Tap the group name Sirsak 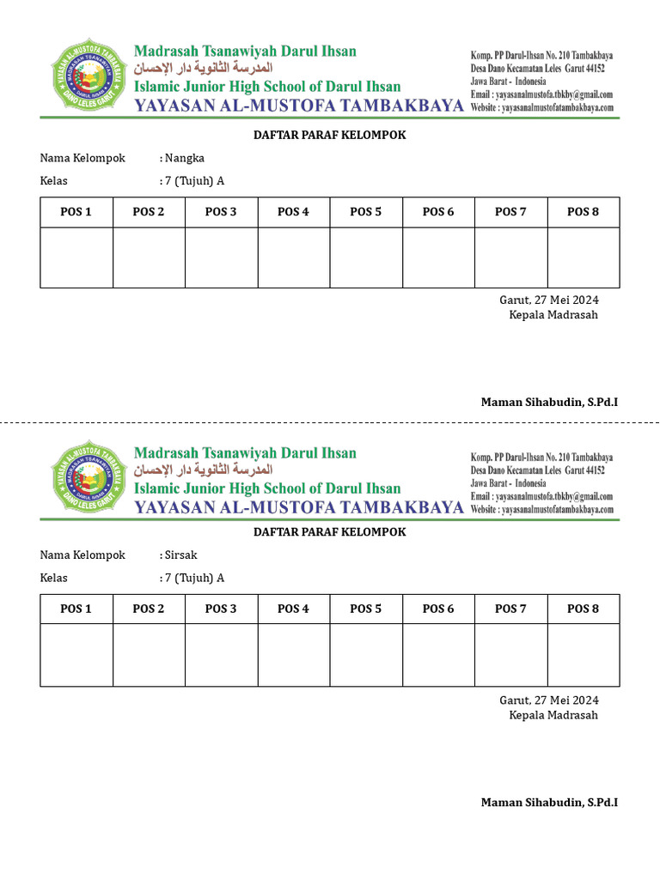point(182,555)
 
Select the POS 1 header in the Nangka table point(76,212)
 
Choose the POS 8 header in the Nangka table point(583,212)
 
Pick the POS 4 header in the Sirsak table point(293,609)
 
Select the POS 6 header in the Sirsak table point(438,609)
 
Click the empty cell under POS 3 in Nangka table point(221,257)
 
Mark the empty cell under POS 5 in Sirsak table point(365,654)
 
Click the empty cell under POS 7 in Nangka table point(510,257)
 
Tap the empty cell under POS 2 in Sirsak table point(149,654)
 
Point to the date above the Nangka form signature point(549,300)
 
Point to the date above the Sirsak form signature point(549,700)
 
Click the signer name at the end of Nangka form point(549,402)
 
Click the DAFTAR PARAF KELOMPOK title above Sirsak point(329,532)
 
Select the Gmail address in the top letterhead point(541,94)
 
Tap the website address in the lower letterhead point(542,509)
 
